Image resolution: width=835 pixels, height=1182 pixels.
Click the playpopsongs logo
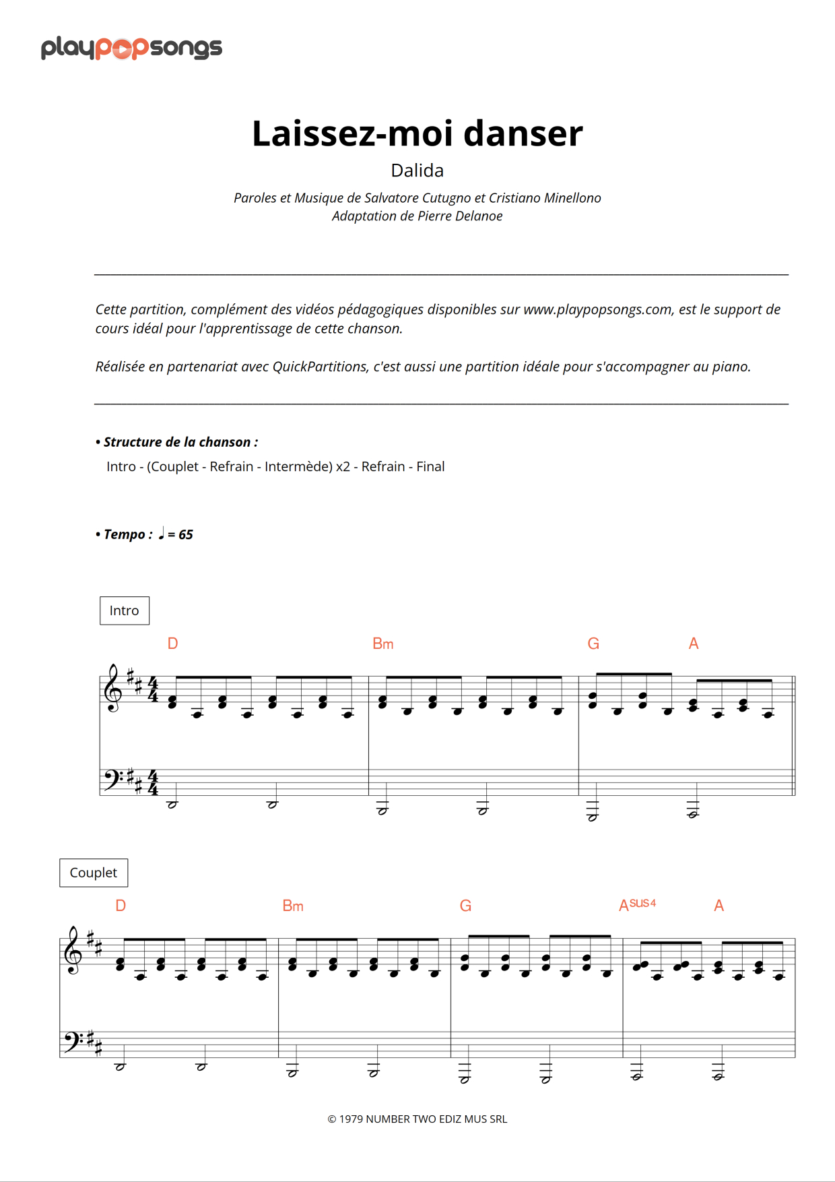coord(131,48)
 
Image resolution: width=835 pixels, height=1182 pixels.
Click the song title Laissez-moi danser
coord(417,133)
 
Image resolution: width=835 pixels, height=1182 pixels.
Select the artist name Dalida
coord(417,170)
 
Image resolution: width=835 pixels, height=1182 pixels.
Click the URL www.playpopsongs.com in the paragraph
coord(597,309)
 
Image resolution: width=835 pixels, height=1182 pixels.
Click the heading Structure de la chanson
coord(180,442)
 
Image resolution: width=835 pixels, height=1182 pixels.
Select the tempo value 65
coord(186,534)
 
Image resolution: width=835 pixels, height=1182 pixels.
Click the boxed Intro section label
coord(125,611)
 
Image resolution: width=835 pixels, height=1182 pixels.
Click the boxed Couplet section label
coord(94,873)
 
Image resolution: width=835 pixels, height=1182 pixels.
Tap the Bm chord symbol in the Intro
coord(382,644)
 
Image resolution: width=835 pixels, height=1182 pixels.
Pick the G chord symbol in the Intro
coord(593,644)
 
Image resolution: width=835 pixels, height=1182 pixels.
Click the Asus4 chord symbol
coord(637,905)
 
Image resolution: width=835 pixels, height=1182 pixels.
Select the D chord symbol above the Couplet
coord(121,906)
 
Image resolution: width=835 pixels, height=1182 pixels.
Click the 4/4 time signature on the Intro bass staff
coord(153,782)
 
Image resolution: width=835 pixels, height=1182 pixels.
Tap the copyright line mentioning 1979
coord(417,1119)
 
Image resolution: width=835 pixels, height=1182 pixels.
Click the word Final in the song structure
coord(430,467)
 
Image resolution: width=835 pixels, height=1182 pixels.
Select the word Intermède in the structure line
coord(298,467)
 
